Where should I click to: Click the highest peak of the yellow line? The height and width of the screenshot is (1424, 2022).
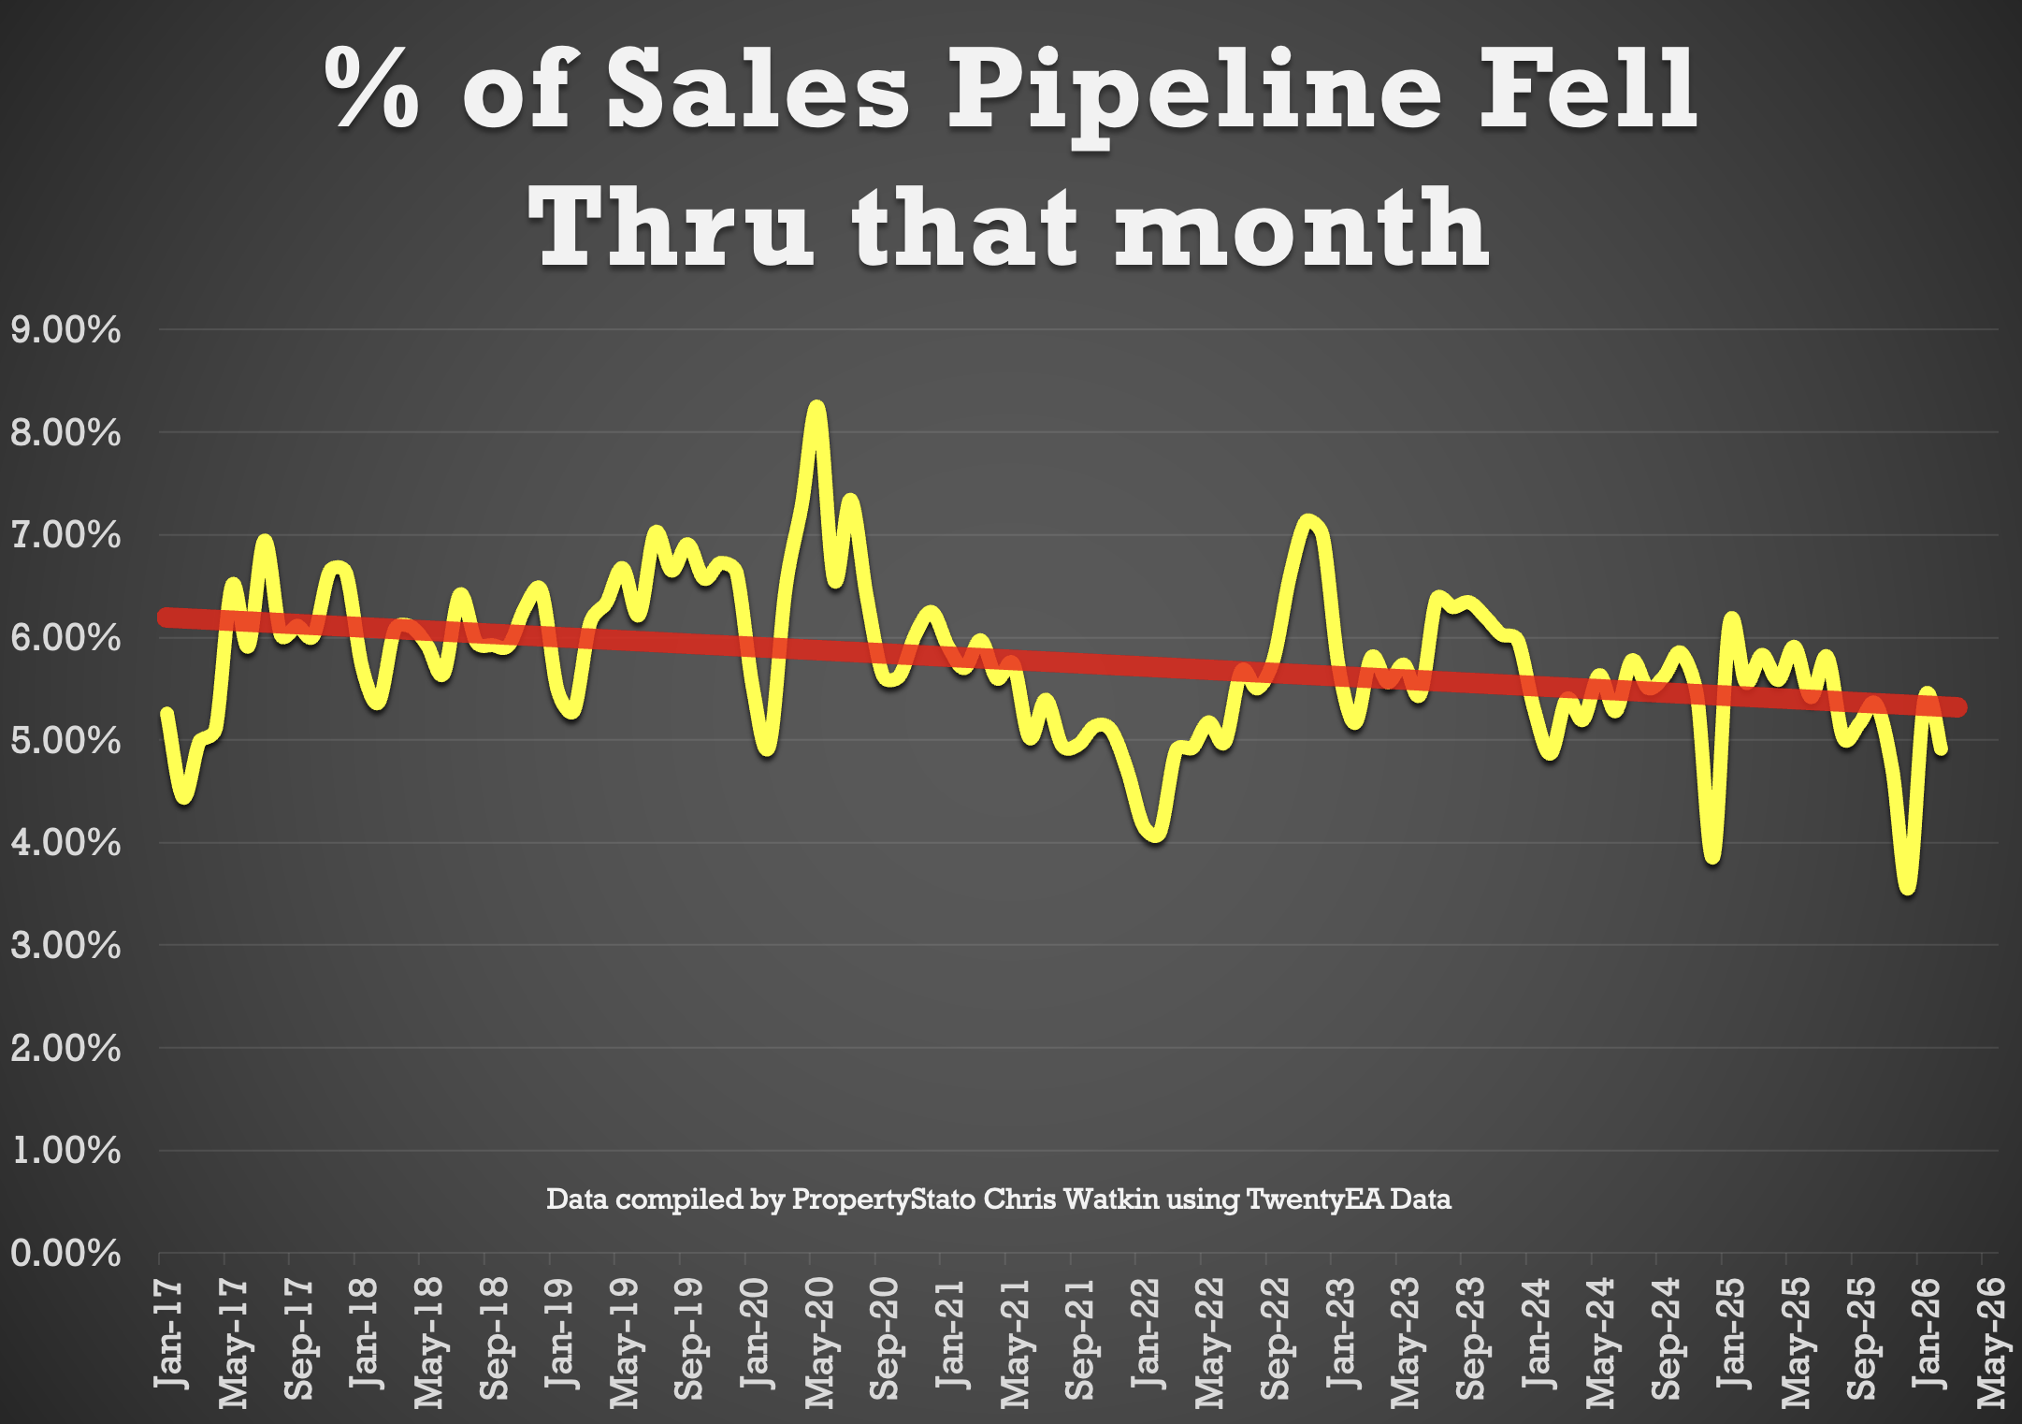click(816, 409)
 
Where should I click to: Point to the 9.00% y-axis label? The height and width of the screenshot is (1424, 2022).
click(65, 330)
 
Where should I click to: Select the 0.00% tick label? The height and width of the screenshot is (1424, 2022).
click(65, 1253)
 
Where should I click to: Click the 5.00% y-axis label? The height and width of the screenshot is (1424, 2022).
click(65, 741)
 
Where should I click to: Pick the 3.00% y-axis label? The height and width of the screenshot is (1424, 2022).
click(65, 946)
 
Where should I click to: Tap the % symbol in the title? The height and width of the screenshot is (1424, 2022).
click(371, 88)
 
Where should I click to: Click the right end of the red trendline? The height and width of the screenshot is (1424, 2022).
click(1960, 707)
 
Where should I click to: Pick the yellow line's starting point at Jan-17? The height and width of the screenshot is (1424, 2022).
click(166, 713)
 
